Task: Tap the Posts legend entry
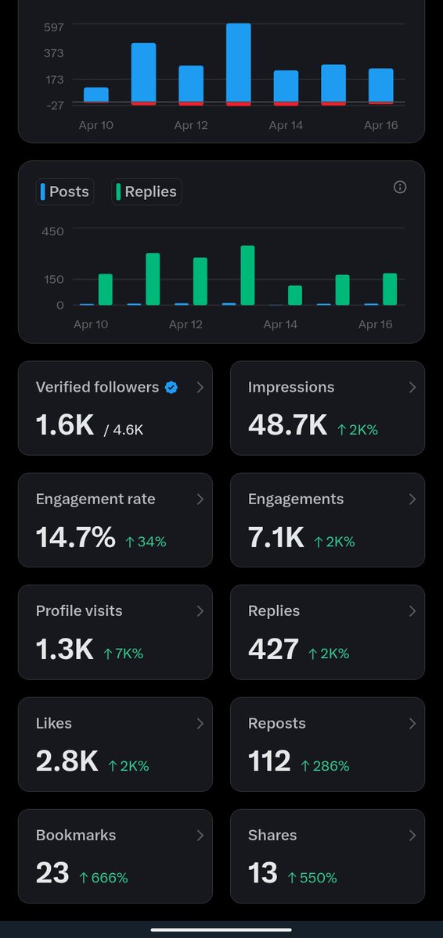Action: pyautogui.click(x=64, y=192)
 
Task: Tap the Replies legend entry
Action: pyautogui.click(x=146, y=192)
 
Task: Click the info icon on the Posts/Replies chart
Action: pyautogui.click(x=400, y=187)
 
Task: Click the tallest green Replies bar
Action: pyautogui.click(x=247, y=275)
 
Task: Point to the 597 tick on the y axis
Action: pyautogui.click(x=54, y=27)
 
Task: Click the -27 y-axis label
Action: pyautogui.click(x=53, y=104)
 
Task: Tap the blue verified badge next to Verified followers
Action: pyautogui.click(x=171, y=387)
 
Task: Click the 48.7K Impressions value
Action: pyautogui.click(x=287, y=425)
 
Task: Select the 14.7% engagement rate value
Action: pyautogui.click(x=76, y=537)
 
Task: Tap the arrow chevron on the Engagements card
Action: pyautogui.click(x=412, y=499)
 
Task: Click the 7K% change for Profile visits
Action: pyautogui.click(x=123, y=653)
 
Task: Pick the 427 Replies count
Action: pyautogui.click(x=273, y=649)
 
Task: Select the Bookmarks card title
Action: pyautogui.click(x=76, y=835)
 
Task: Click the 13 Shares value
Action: pyautogui.click(x=262, y=873)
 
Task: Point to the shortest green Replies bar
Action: pyautogui.click(x=295, y=295)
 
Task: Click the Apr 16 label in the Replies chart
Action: pyautogui.click(x=376, y=324)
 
